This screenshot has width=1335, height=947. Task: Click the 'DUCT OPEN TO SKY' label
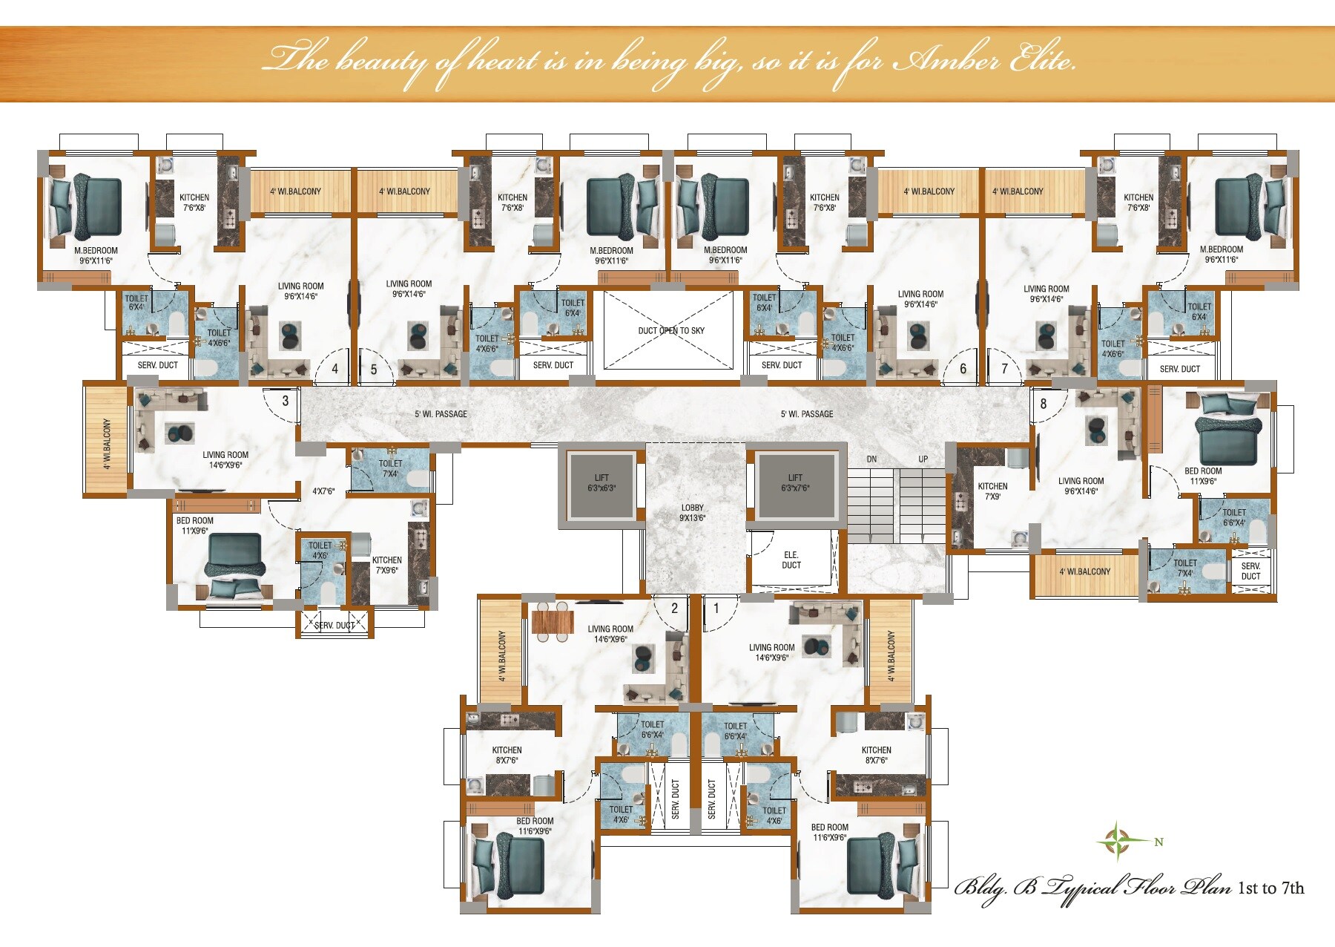[x=671, y=330]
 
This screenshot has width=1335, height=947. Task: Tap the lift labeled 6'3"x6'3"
[x=601, y=484]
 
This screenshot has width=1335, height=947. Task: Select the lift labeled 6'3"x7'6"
[x=795, y=484]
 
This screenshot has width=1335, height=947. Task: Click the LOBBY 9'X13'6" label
[x=692, y=513]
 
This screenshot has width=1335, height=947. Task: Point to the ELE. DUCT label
[x=791, y=560]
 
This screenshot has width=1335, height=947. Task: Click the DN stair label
[x=871, y=459]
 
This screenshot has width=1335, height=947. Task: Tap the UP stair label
[x=923, y=459]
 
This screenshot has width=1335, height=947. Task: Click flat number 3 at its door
[x=286, y=401]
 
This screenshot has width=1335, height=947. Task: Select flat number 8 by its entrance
[x=1044, y=404]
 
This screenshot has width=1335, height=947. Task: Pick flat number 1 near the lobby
[x=716, y=609]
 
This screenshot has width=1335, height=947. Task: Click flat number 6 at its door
[x=963, y=369]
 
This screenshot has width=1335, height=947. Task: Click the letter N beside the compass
[x=1158, y=842]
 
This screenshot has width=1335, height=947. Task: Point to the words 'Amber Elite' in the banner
[x=984, y=59]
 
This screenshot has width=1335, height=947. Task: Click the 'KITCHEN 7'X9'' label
[x=992, y=491]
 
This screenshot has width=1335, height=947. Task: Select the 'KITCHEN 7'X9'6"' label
[x=386, y=566]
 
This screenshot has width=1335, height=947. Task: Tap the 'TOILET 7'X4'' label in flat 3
[x=390, y=468]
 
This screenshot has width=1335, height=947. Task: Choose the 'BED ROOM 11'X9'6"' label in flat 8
[x=1202, y=476]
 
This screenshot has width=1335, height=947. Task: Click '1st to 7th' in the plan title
[x=1270, y=888]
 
